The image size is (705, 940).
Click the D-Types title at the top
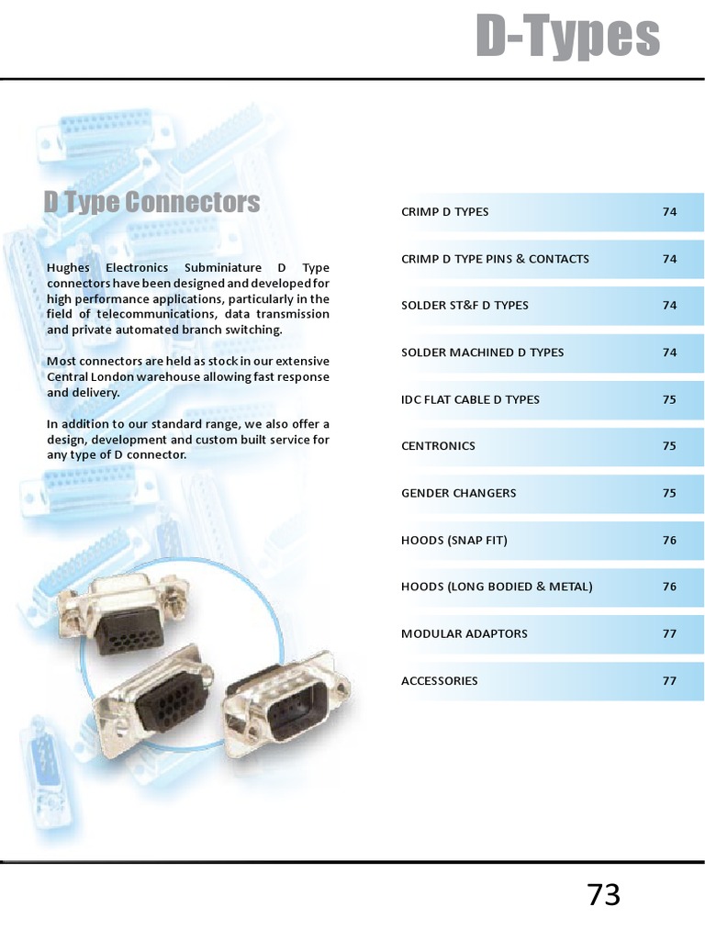[x=567, y=37]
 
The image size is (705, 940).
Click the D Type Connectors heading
[x=152, y=202]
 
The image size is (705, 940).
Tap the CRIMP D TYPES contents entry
[x=445, y=212]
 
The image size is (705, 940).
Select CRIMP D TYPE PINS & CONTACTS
[x=495, y=259]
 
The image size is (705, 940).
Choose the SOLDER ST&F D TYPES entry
[x=464, y=306]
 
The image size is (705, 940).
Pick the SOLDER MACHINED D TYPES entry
[x=483, y=352]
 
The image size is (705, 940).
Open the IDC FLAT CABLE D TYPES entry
[x=471, y=399]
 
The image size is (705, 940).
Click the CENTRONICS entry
[x=438, y=446]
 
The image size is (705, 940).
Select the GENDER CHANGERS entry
[x=459, y=493]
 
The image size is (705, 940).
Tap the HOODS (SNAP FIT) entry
[x=454, y=540]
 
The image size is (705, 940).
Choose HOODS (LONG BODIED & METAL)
[x=497, y=587]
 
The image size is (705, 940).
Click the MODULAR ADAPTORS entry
[x=464, y=633]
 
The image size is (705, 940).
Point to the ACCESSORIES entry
[x=440, y=681]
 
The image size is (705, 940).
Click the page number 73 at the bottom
[x=604, y=895]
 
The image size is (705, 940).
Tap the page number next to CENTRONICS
[x=669, y=446]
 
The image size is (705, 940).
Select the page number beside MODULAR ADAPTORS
[x=669, y=633]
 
